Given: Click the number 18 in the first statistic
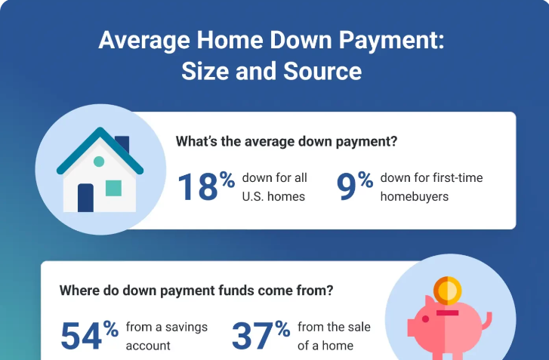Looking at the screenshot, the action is click(x=197, y=187).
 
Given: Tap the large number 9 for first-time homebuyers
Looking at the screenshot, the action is click(x=346, y=187).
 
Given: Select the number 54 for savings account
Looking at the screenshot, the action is click(x=82, y=336).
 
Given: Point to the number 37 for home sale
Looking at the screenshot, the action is click(x=252, y=336).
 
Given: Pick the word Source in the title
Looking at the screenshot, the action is click(x=322, y=71).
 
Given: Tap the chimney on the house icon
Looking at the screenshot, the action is click(x=122, y=144).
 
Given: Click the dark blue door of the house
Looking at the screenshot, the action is click(x=85, y=198).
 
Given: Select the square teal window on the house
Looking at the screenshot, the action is click(x=113, y=188).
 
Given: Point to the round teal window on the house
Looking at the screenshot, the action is click(x=99, y=162).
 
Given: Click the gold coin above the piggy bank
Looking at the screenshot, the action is click(x=447, y=291).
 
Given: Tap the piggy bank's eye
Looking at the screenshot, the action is click(x=425, y=318).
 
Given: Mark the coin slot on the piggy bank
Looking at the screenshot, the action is click(x=447, y=312).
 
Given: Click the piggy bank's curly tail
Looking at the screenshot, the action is click(x=487, y=322).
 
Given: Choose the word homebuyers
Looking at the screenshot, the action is click(x=414, y=197).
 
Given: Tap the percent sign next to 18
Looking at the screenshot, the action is click(x=227, y=180).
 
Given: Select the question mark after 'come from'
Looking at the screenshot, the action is click(x=328, y=291).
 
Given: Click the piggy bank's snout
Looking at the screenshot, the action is click(x=412, y=328).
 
